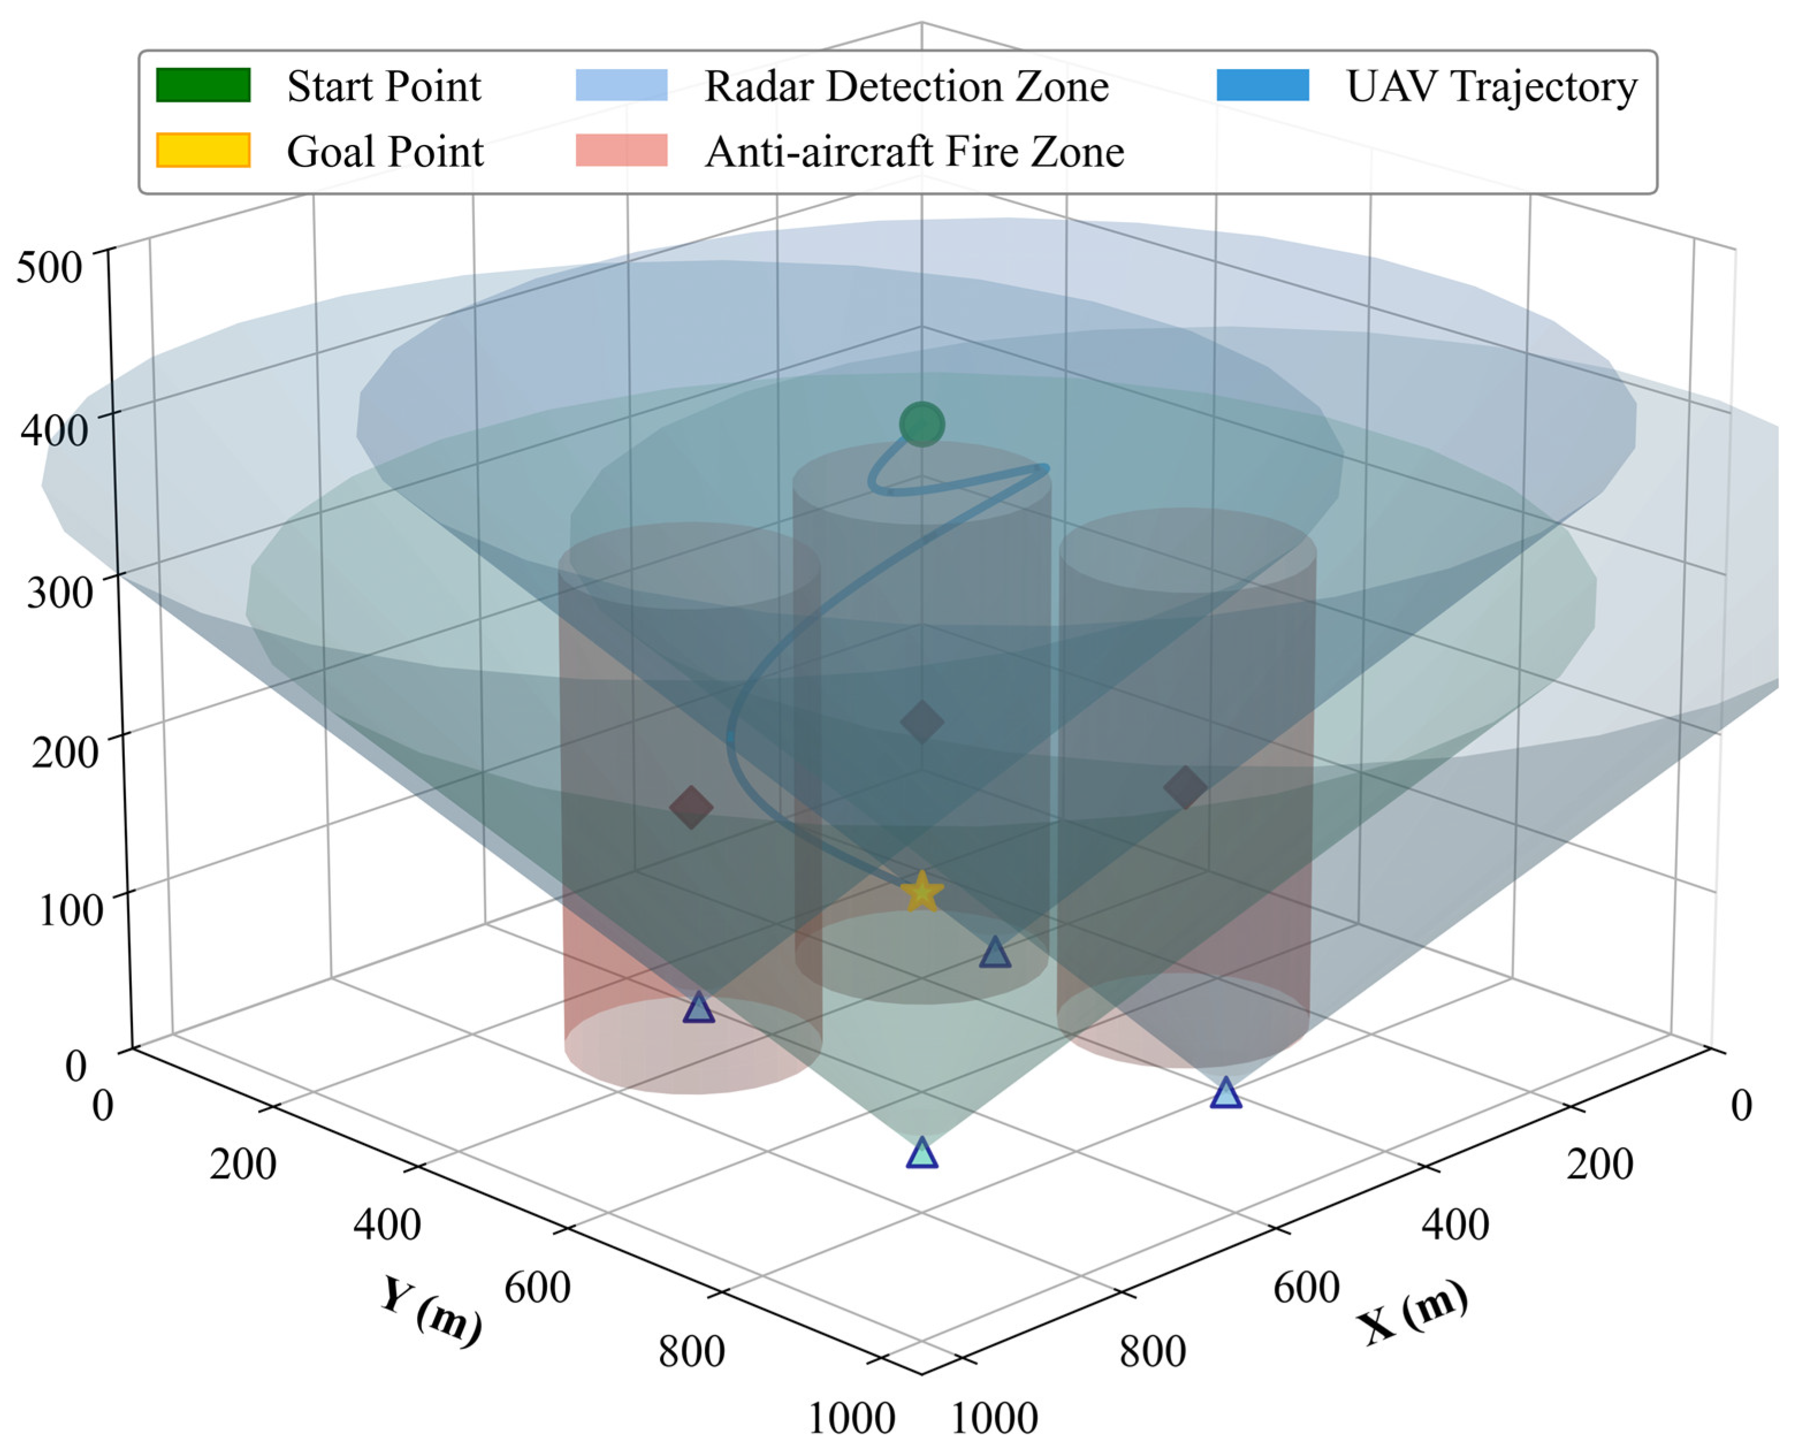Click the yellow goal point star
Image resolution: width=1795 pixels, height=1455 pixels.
coord(921,892)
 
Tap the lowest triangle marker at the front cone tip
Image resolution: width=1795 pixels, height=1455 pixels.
coord(921,1154)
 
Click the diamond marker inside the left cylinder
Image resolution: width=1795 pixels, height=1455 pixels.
coord(690,807)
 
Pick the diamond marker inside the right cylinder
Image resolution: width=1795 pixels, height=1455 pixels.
coord(1185,787)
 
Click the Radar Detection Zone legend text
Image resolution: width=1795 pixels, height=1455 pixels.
coord(906,86)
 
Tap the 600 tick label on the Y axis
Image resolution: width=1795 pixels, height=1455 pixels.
coord(537,1286)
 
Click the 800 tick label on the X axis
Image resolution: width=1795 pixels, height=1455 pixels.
coord(1152,1351)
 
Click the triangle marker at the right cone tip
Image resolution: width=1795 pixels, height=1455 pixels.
coord(1225,1094)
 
